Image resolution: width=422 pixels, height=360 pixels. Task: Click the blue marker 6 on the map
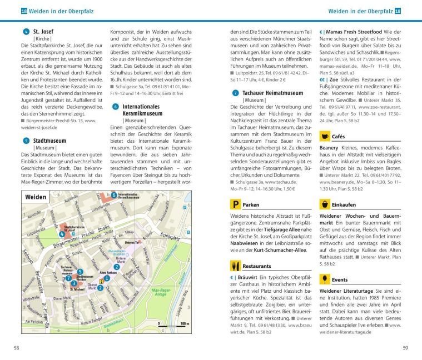pyautogui.click(x=114, y=195)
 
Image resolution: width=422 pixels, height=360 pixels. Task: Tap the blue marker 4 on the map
pyautogui.click(x=62, y=234)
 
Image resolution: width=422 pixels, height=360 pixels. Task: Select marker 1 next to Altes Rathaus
pyautogui.click(x=107, y=278)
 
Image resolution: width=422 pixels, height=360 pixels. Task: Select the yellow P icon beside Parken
pyautogui.click(x=236, y=204)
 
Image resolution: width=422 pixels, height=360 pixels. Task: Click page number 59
pyautogui.click(x=405, y=348)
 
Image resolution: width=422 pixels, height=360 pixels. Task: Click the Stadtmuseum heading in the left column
pyautogui.click(x=49, y=141)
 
